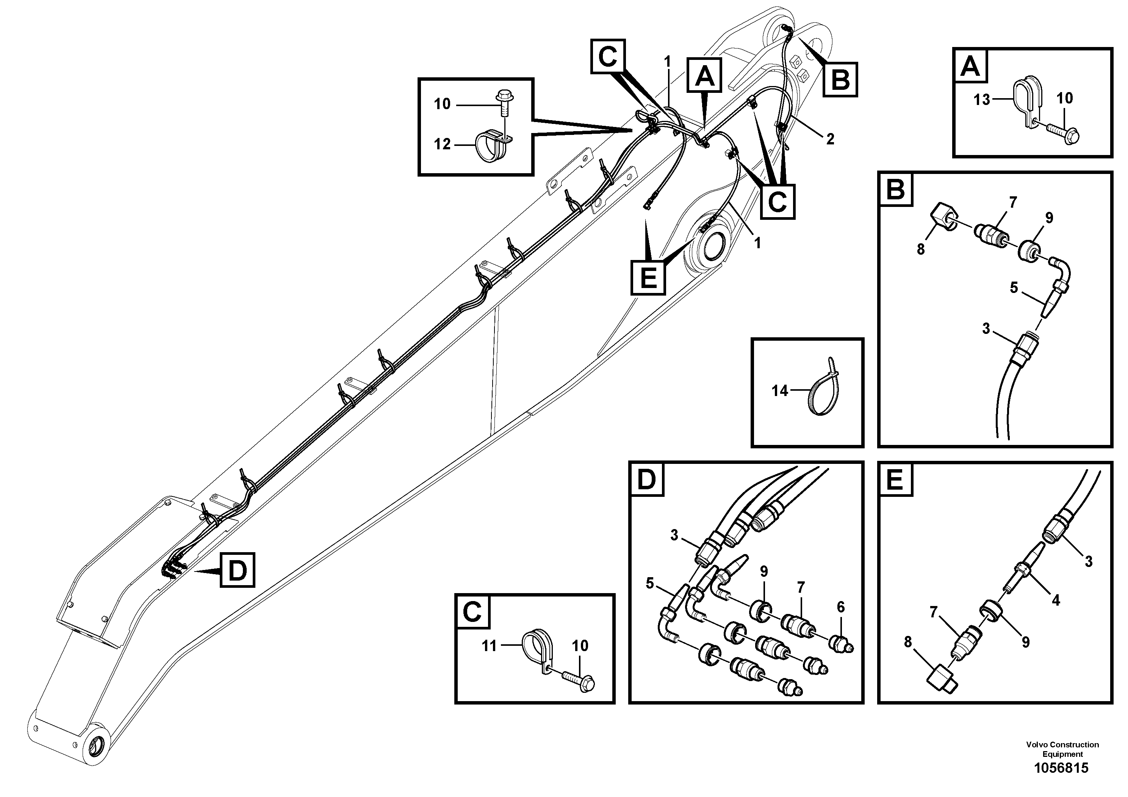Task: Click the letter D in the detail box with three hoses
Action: click(646, 479)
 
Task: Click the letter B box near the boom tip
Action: click(840, 79)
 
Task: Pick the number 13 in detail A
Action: click(982, 100)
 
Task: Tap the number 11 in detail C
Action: click(489, 646)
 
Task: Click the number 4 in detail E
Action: click(1055, 600)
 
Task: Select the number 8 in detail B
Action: click(921, 250)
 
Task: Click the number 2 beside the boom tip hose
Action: click(830, 139)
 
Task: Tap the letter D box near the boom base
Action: click(237, 570)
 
